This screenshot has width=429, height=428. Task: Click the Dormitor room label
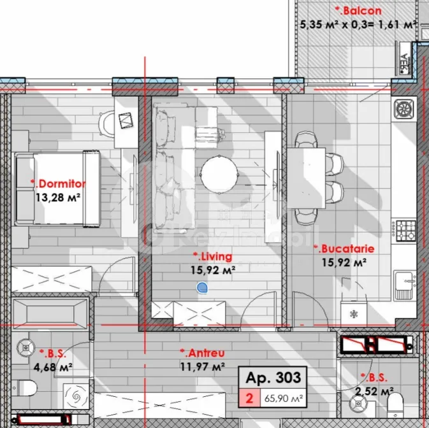58,183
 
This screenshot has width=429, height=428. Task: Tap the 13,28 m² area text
58,197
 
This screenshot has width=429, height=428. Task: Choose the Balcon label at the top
358,10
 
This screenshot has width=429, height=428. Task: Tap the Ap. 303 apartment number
270,379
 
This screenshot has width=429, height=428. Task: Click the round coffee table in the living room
221,172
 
